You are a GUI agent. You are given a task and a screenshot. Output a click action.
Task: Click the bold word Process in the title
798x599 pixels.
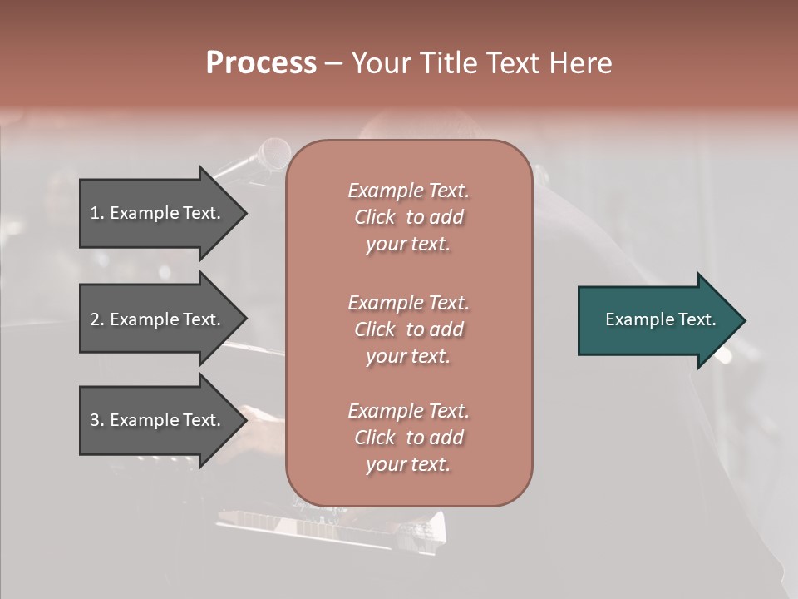point(261,63)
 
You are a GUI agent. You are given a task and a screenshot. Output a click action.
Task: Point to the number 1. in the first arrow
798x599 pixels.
point(97,213)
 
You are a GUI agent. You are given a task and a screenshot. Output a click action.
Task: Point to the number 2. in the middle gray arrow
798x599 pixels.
point(97,319)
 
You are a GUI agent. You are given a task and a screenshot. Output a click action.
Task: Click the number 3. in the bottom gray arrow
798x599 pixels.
point(97,420)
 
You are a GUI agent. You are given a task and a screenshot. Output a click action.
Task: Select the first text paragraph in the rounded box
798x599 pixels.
point(408,217)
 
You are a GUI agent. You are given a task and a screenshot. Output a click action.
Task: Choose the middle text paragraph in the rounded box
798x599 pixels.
point(408,329)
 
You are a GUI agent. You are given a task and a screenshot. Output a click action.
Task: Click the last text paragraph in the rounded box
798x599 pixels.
point(408,438)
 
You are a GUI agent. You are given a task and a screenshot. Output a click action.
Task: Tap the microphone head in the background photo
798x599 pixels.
point(273,154)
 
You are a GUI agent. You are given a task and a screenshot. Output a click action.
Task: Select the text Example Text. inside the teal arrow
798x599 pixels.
point(661,319)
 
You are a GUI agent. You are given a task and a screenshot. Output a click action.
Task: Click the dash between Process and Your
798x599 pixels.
point(333,64)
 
